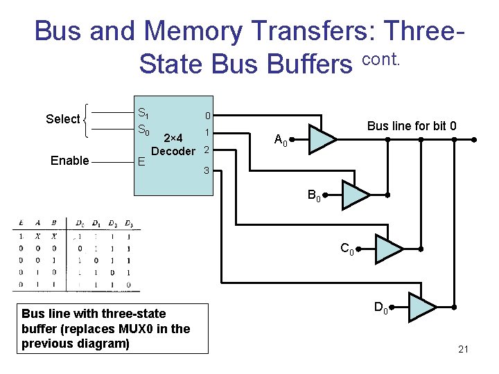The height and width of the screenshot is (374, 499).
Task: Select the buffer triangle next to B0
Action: [x=355, y=195]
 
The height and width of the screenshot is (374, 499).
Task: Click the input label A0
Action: [x=281, y=141]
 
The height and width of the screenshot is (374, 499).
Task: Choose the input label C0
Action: [x=347, y=249]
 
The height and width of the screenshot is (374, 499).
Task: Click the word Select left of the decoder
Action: [x=63, y=119]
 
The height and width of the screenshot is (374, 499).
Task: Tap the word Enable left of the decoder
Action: [x=70, y=161]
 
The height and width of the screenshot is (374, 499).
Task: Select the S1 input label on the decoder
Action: [x=143, y=113]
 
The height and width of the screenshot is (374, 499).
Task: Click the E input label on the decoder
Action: [x=141, y=162]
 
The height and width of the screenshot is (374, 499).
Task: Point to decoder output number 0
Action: [x=207, y=115]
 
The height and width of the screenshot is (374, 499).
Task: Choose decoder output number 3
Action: [x=206, y=170]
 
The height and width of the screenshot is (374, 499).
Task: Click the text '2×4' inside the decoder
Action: [x=173, y=137]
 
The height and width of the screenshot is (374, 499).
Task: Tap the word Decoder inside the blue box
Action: [x=173, y=151]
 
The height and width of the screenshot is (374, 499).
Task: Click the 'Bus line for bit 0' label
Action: [x=412, y=125]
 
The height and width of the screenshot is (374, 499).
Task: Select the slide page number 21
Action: [x=464, y=348]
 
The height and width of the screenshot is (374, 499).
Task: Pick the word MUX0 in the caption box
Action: [x=146, y=328]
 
